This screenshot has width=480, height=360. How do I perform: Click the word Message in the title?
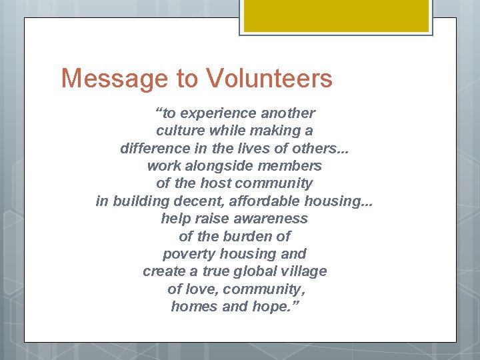click(x=113, y=79)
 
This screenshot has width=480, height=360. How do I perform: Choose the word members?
click(x=293, y=166)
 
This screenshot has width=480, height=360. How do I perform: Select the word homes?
click(x=193, y=307)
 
